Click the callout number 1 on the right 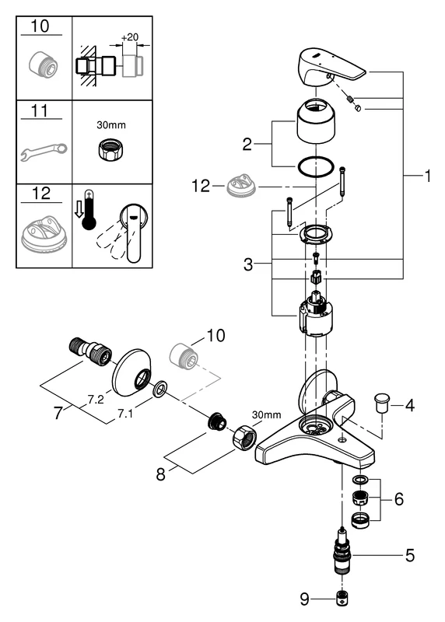click(x=428, y=176)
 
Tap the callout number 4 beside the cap click(x=410, y=405)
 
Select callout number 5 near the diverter click(x=410, y=555)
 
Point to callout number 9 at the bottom click(x=304, y=599)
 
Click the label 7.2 click(x=96, y=399)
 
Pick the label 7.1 click(x=125, y=414)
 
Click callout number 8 click(x=160, y=473)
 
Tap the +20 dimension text click(x=130, y=37)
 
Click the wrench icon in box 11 click(x=44, y=152)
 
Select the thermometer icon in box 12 click(x=89, y=211)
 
